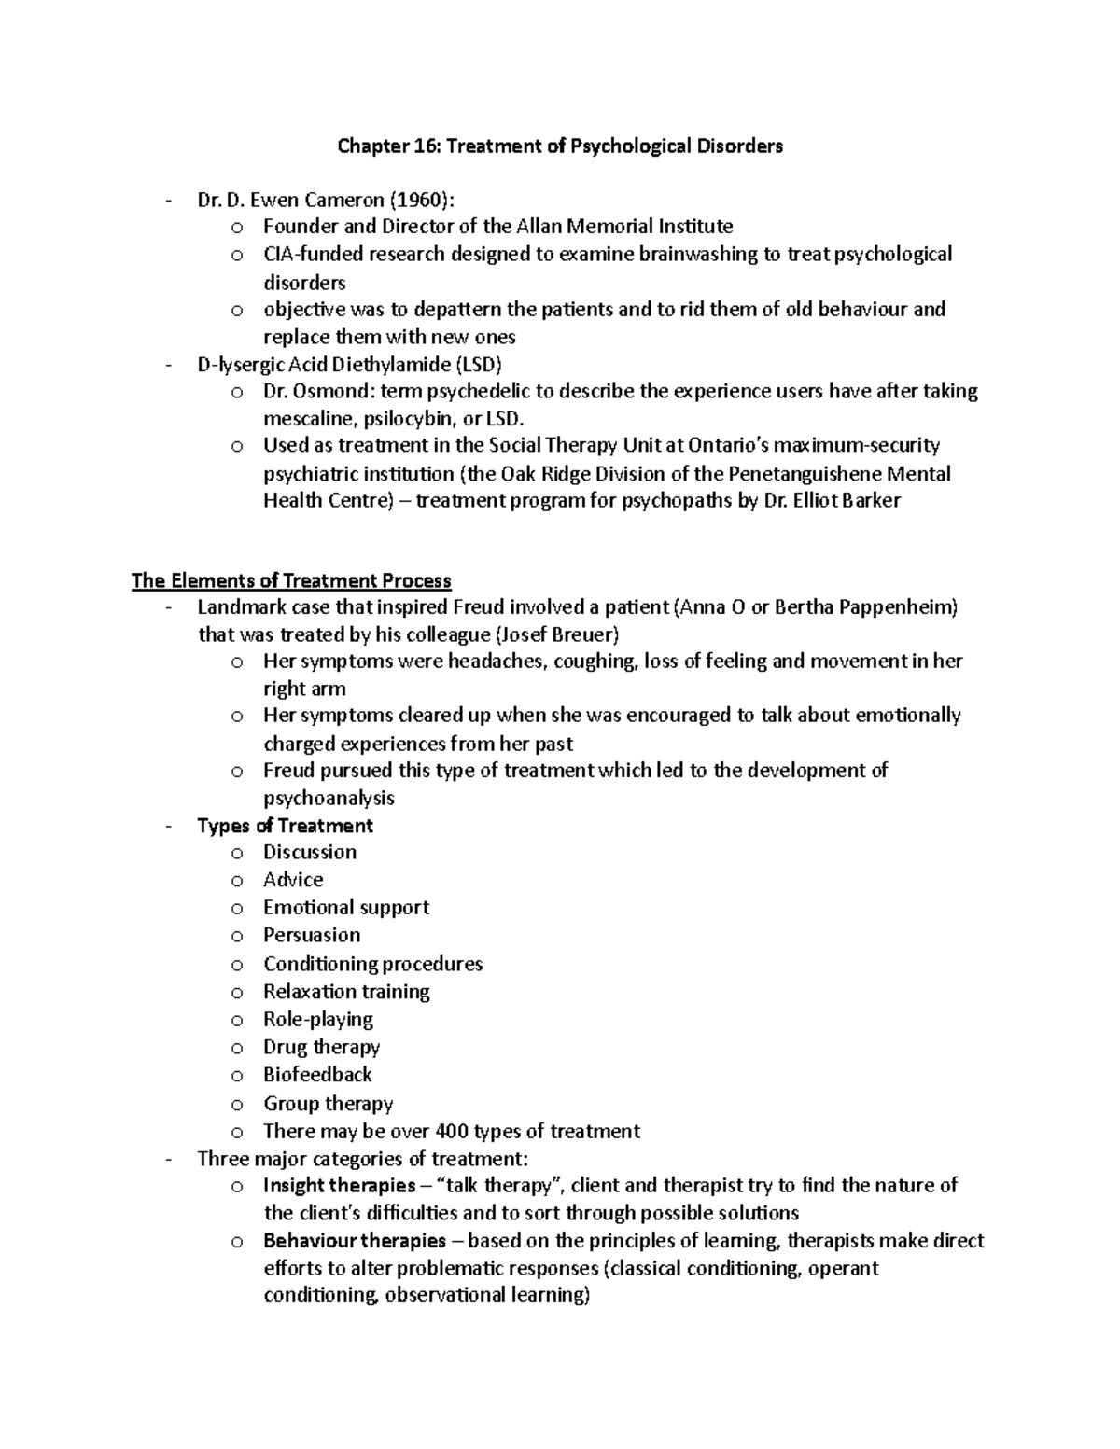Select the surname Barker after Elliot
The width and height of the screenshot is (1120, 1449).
(x=870, y=500)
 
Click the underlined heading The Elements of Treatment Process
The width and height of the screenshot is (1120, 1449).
(x=291, y=581)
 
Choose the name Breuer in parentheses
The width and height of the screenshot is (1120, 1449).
(x=581, y=634)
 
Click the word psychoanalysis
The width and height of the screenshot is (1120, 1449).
(x=329, y=798)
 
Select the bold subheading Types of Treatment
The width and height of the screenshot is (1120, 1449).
(x=285, y=826)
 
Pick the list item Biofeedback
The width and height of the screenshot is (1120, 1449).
(x=317, y=1075)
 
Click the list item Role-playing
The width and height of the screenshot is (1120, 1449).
(x=318, y=1019)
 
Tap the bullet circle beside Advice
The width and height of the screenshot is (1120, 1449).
(x=237, y=881)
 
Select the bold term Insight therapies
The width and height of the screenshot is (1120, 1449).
(x=340, y=1186)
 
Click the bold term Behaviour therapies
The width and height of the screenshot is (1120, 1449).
(x=355, y=1241)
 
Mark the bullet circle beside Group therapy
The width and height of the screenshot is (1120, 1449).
(x=237, y=1105)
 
